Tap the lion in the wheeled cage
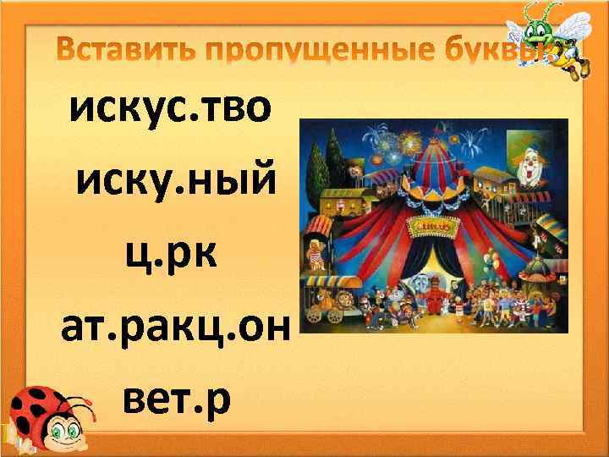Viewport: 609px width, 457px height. pyautogui.click(x=333, y=300)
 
